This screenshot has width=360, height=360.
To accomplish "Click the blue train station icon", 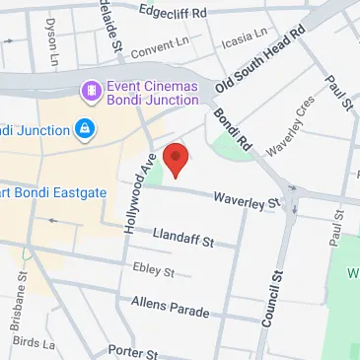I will click(x=85, y=129).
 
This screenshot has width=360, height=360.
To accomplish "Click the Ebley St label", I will click(x=153, y=269).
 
